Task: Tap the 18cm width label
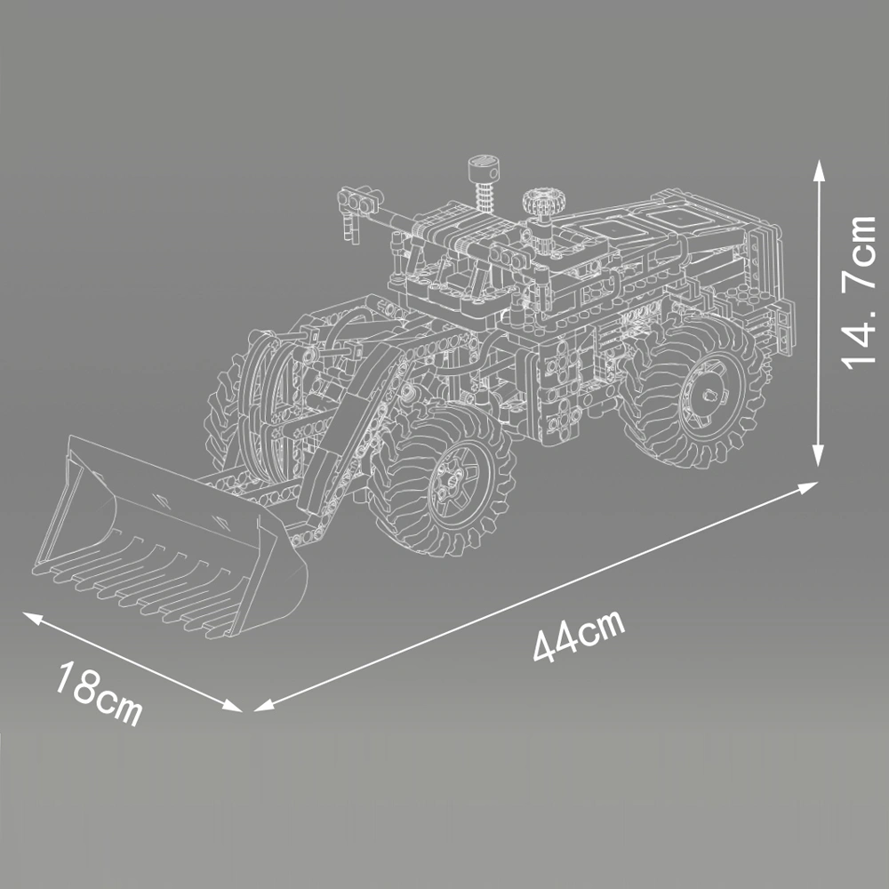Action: click(99, 692)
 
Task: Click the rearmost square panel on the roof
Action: click(683, 216)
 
